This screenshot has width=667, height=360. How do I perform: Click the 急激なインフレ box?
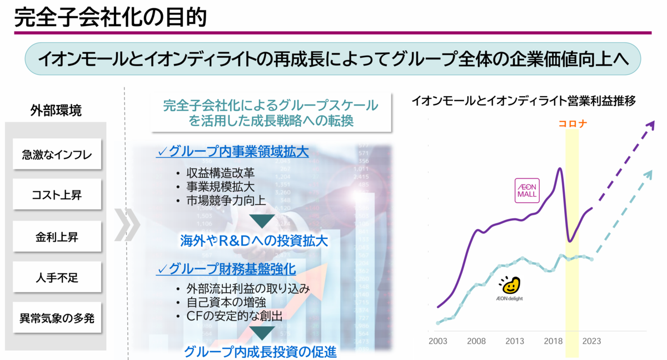point(57,154)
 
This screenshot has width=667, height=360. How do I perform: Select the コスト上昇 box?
point(57,194)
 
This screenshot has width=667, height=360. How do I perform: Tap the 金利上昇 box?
point(57,237)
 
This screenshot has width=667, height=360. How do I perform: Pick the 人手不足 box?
point(57,277)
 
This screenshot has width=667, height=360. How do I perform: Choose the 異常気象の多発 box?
point(57,318)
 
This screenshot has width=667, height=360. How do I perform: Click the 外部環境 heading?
point(56,110)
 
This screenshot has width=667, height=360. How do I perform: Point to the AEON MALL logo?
point(527,191)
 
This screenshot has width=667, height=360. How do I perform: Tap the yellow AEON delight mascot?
point(510,285)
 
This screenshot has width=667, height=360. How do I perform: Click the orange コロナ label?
point(573,123)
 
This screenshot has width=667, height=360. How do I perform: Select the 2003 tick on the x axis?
point(438,341)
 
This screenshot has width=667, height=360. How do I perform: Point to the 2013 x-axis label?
point(515,341)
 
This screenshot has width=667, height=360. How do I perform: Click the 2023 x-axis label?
point(591,341)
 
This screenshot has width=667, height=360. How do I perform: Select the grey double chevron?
point(127,224)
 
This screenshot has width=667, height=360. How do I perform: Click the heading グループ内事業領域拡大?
point(232,152)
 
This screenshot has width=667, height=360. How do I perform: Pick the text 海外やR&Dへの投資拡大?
point(254,241)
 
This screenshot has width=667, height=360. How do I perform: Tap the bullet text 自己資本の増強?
point(226,302)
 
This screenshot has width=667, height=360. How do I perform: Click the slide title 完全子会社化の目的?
point(111,17)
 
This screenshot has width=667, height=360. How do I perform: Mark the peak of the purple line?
point(560,168)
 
